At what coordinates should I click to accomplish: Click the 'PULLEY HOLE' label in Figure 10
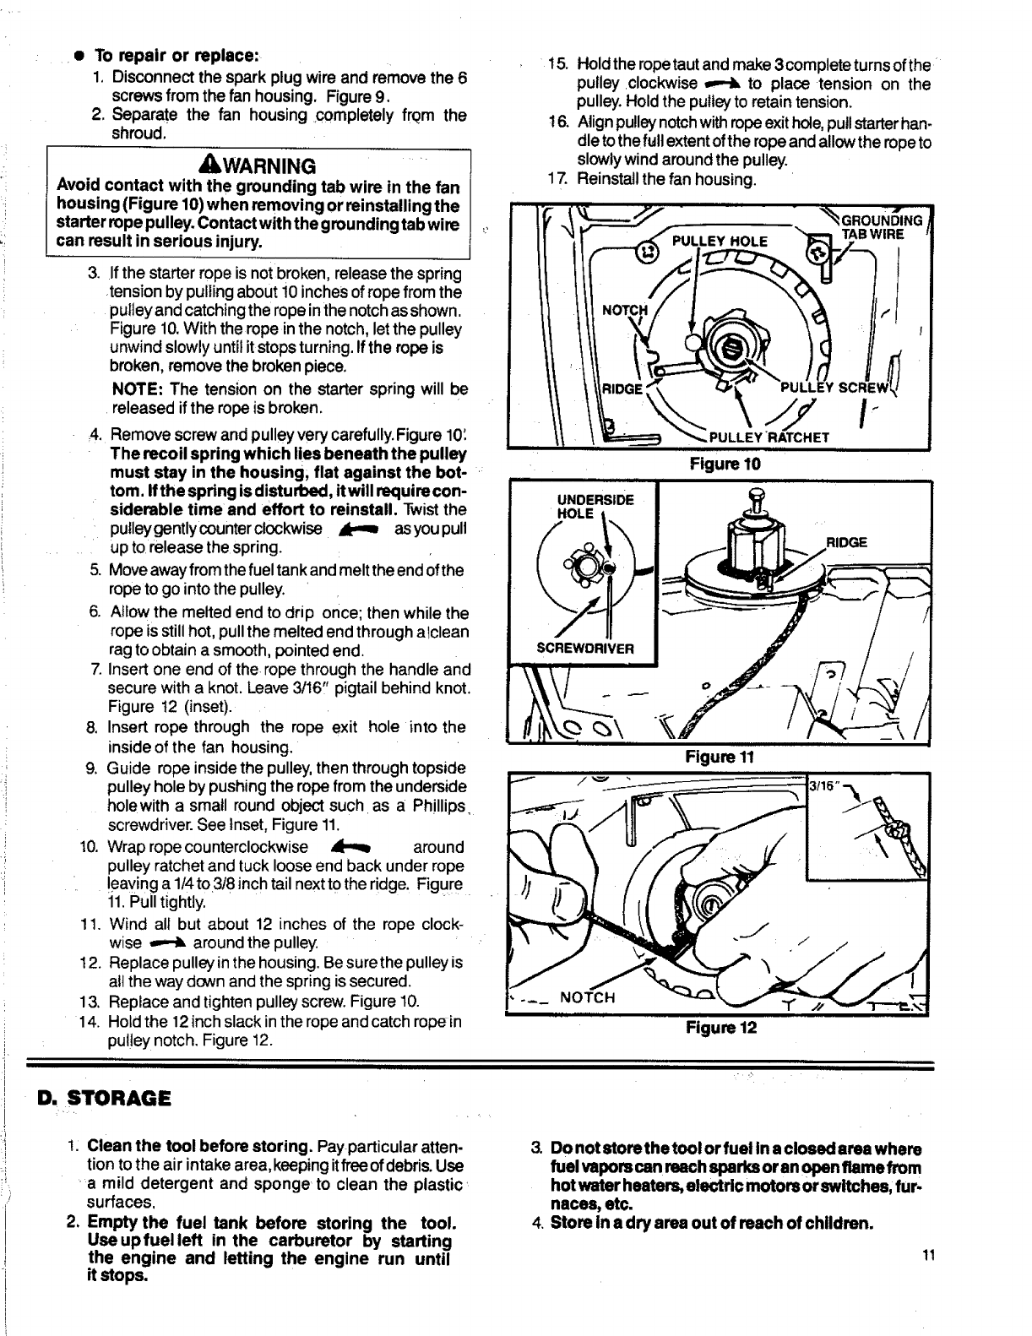(x=720, y=242)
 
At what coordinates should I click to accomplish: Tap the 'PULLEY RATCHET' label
(x=769, y=437)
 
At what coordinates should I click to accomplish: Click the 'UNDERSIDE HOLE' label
(x=595, y=506)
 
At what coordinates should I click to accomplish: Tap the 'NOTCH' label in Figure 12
(x=588, y=997)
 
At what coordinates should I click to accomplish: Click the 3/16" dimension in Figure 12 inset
(x=823, y=785)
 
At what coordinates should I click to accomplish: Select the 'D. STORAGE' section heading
(x=105, y=1098)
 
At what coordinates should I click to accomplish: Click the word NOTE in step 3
(x=136, y=389)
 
